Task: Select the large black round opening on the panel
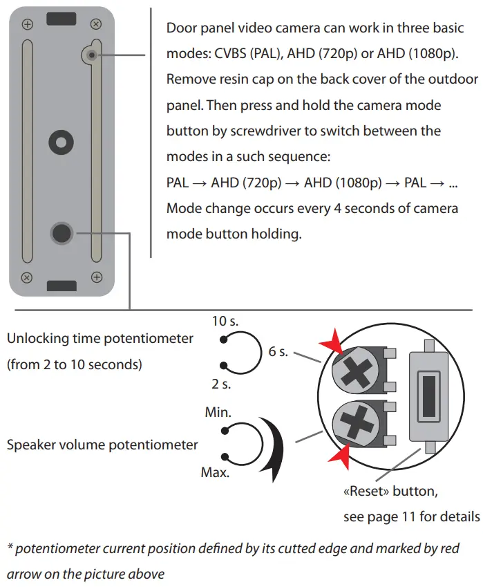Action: click(62, 233)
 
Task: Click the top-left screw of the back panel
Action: click(28, 25)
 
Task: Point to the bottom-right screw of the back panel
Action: click(96, 277)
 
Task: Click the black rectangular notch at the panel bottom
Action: click(61, 285)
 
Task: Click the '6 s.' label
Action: click(278, 352)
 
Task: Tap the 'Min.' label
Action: click(218, 412)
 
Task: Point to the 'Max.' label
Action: click(216, 474)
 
